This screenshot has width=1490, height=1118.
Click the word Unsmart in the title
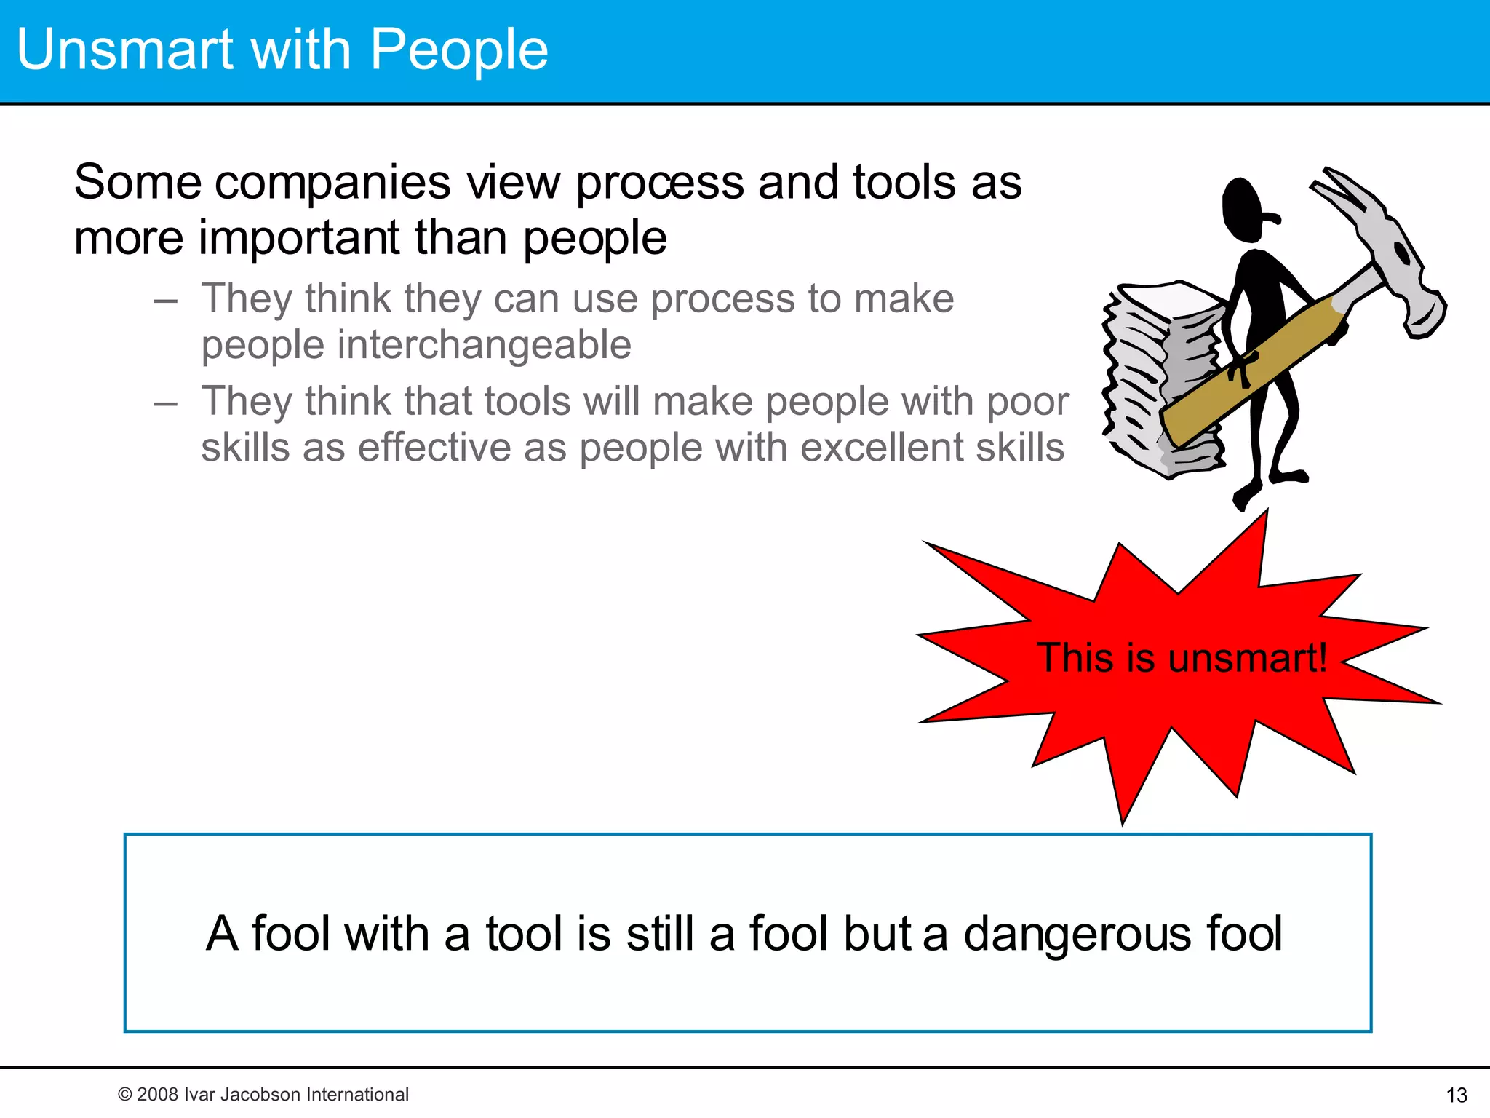124,49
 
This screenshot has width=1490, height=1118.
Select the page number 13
1457,1095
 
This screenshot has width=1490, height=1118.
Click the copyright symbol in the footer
124,1094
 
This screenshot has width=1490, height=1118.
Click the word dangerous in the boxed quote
1077,933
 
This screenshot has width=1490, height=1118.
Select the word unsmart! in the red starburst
1247,657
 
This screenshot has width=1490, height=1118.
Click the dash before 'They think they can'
166,300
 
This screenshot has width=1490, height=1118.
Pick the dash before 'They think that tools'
166,403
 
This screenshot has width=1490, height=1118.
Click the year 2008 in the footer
158,1094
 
